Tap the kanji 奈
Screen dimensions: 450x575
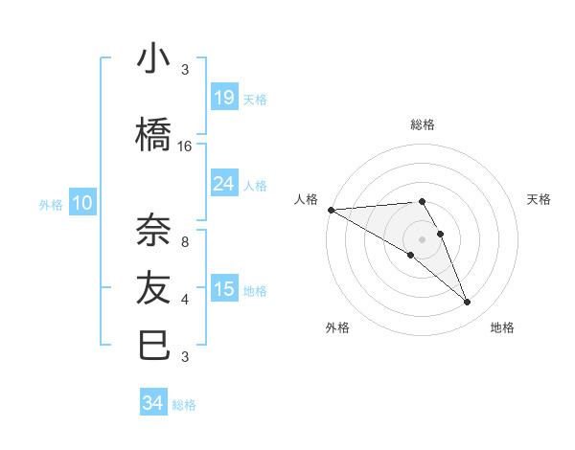tap(154, 231)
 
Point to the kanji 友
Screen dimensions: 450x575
tap(154, 287)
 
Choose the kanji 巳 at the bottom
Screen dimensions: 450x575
tap(154, 345)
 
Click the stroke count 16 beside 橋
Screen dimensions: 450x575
tap(185, 146)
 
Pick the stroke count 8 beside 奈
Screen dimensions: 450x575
tap(185, 241)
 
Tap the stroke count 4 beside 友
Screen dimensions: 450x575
tap(185, 299)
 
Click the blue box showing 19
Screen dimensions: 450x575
tap(224, 97)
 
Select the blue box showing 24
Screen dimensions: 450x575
tap(224, 184)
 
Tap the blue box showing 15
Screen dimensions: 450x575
tap(224, 289)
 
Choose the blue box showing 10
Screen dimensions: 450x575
tap(82, 203)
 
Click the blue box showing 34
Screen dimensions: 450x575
tap(153, 404)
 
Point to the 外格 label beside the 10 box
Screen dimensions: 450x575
tap(51, 204)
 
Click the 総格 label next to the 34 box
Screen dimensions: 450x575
tap(184, 405)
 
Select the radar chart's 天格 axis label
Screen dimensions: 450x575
tap(540, 199)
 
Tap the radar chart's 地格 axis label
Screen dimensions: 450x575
tap(502, 327)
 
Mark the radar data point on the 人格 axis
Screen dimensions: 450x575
tap(331, 210)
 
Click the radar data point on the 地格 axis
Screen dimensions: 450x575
tap(468, 303)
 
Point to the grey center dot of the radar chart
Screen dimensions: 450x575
tap(422, 238)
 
